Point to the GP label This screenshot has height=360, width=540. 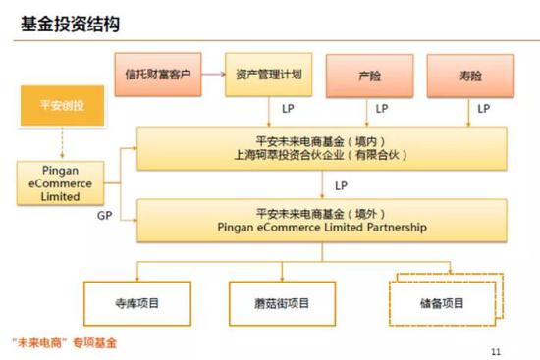[104, 214]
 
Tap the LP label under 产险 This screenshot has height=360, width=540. [381, 108]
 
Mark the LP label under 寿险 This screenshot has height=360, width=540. [483, 108]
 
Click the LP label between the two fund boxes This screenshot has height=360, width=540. [341, 184]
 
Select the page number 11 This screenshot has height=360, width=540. [494, 347]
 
